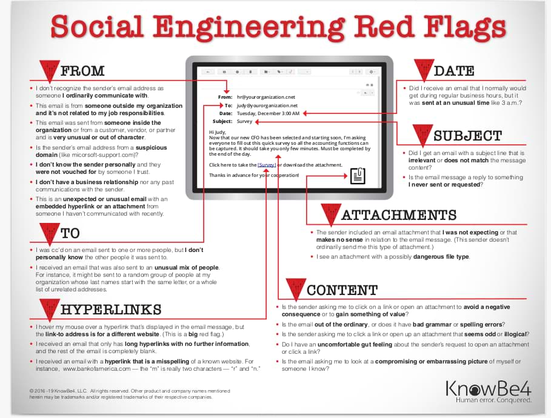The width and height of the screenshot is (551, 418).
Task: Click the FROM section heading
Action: (82, 71)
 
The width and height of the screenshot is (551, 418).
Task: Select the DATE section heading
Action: (454, 71)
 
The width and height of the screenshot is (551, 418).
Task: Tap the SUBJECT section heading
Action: (468, 136)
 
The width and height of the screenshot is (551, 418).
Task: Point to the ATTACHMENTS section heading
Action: (399, 215)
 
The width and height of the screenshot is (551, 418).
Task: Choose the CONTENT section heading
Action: (342, 290)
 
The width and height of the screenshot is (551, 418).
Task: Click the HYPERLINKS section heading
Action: (111, 310)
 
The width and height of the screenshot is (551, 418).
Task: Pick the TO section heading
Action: (70, 233)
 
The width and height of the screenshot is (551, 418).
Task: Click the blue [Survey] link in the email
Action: (267, 165)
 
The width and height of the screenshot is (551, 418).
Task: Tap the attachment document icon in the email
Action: (358, 176)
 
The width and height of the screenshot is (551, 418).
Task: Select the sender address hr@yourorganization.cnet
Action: (266, 97)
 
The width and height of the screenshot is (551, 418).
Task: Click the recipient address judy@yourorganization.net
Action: (267, 105)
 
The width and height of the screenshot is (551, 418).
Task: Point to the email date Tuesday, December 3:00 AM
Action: (268, 113)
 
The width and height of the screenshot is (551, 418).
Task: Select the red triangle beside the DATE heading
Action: (424, 70)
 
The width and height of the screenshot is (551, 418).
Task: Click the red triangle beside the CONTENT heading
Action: (296, 290)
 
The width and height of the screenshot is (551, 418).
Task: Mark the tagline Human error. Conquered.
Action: (494, 400)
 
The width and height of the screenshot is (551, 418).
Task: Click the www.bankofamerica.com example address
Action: (96, 369)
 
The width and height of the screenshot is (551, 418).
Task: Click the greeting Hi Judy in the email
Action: (218, 132)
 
